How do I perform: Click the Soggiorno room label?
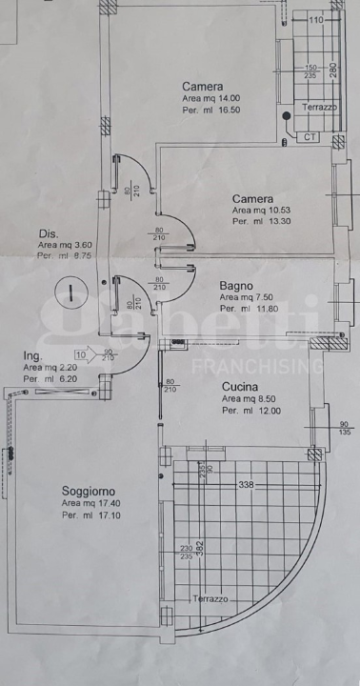tap(88, 491)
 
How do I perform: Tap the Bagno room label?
tap(235, 285)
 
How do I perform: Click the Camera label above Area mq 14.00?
tap(203, 86)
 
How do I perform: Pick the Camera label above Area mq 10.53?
tap(252, 199)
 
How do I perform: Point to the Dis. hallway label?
tap(49, 234)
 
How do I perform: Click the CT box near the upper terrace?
tap(310, 137)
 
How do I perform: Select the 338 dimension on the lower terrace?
tap(248, 485)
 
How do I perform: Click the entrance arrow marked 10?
tap(85, 355)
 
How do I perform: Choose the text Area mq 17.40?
tap(92, 503)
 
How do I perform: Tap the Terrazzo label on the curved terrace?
tap(210, 599)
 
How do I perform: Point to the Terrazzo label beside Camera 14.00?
tap(320, 108)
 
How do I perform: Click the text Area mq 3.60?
tap(64, 245)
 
